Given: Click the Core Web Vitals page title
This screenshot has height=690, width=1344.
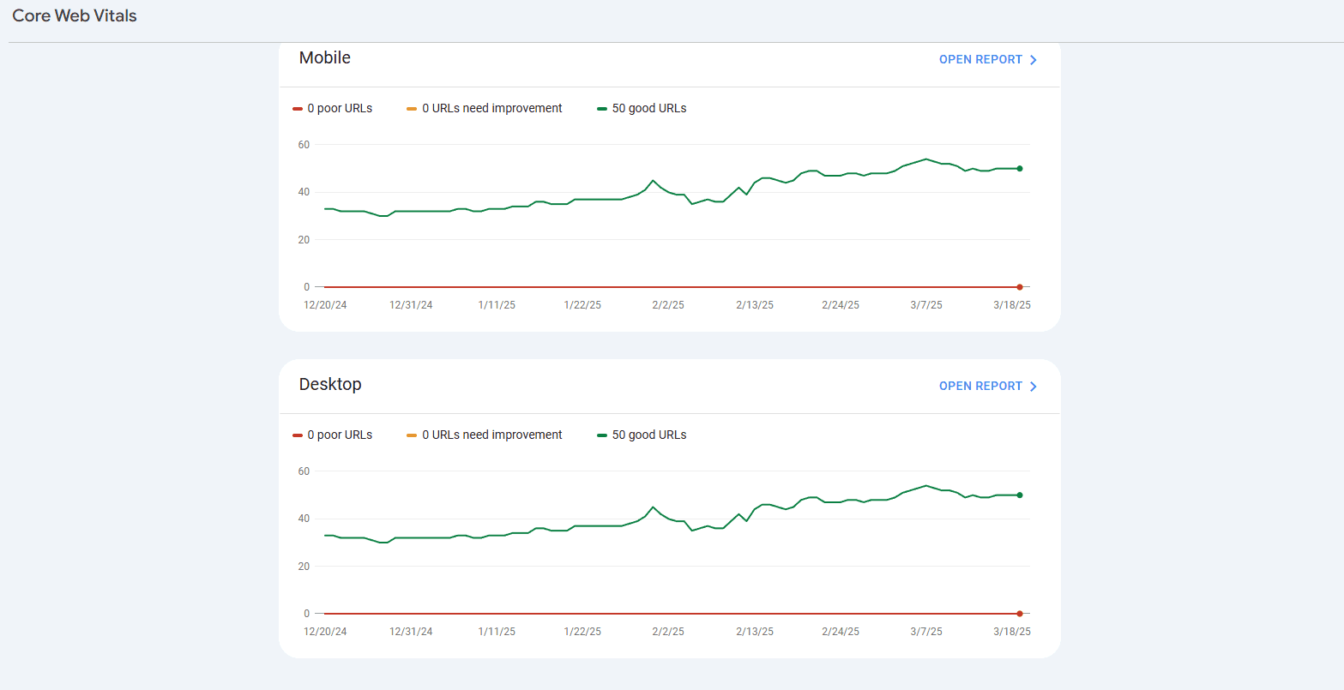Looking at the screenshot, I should point(75,16).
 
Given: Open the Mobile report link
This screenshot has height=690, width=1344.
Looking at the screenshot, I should point(988,60).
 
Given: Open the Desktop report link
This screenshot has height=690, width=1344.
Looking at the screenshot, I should point(988,387).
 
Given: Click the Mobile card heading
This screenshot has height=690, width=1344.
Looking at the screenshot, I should point(325,58).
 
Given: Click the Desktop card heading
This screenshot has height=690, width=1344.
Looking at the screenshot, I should point(330,385).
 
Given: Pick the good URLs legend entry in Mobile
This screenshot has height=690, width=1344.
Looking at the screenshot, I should point(642,109).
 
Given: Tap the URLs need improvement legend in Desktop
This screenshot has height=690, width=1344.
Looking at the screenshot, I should point(485,435).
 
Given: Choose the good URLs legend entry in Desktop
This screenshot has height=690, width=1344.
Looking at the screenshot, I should point(642,435).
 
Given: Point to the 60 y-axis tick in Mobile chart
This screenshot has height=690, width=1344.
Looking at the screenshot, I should point(304,145).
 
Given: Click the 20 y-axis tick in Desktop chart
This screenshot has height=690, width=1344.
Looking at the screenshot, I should point(304,567).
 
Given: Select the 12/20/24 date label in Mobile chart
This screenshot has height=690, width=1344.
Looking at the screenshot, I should point(325,305).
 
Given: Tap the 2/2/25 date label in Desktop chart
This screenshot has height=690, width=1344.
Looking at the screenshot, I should point(668,632).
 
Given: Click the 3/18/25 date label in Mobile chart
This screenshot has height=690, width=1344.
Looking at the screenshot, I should point(1012,305).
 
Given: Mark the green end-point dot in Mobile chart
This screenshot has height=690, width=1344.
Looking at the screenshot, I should point(1020,169).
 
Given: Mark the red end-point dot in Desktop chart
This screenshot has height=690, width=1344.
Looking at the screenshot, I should point(1020,614).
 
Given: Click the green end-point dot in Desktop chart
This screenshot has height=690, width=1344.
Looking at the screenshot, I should point(1020,495).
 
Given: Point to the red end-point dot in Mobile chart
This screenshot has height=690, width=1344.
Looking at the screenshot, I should point(1020,287).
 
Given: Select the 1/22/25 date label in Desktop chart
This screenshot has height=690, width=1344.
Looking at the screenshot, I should point(582,632).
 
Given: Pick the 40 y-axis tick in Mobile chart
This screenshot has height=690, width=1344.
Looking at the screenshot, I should point(304,192).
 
